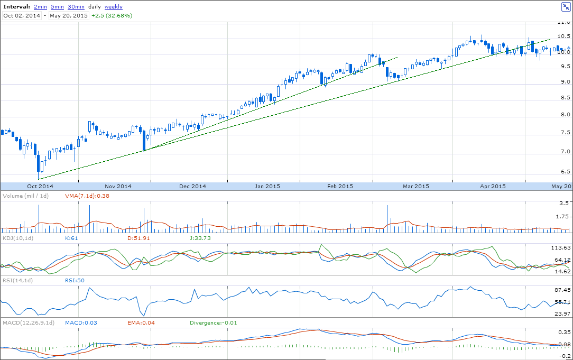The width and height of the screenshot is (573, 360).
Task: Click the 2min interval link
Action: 40,7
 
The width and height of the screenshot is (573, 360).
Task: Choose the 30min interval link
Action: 76,7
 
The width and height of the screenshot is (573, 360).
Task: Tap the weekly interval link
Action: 114,7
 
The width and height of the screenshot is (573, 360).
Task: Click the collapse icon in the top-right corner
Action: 565,7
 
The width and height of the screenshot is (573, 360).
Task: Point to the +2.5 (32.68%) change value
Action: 112,16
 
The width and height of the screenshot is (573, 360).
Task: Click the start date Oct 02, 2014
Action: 22,16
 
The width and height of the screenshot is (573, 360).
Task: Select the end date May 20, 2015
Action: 69,16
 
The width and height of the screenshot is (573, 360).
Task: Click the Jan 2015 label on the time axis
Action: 267,187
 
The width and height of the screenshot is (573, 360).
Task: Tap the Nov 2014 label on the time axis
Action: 118,187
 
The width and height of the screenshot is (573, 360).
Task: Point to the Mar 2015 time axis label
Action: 416,187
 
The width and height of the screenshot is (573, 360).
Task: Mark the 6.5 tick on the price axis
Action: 563,172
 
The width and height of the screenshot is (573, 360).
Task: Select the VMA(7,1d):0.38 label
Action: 87,196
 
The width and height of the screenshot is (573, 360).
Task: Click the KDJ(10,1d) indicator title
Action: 18,238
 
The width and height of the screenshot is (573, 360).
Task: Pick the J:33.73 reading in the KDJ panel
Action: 200,238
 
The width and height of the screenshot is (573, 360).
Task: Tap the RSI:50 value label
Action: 75,280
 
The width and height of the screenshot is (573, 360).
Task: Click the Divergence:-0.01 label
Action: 213,322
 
